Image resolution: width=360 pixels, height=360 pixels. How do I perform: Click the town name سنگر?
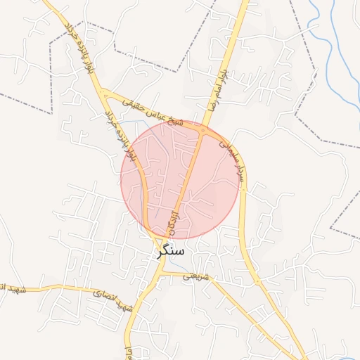click(x=171, y=250)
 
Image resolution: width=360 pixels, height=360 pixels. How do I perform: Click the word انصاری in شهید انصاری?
click(x=106, y=295)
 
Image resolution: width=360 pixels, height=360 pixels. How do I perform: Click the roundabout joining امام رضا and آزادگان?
click(x=203, y=131)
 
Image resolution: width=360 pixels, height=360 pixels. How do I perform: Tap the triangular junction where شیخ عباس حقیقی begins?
click(x=105, y=93)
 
